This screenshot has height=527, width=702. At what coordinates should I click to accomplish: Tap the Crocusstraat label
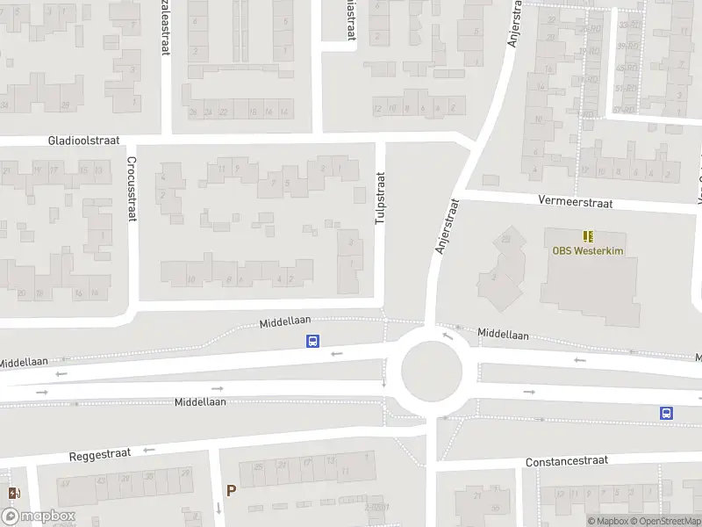pyautogui.click(x=131, y=188)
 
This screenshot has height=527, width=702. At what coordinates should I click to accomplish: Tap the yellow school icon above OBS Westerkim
pyautogui.click(x=587, y=235)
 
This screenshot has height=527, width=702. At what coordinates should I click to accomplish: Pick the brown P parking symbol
pyautogui.click(x=231, y=491)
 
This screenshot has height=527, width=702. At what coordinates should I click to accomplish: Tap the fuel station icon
pyautogui.click(x=12, y=494)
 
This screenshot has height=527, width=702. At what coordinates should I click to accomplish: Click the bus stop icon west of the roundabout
pyautogui.click(x=312, y=342)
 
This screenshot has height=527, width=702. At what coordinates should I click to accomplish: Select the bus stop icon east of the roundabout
pyautogui.click(x=666, y=413)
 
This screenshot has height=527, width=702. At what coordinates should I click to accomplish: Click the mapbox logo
pyautogui.click(x=39, y=516)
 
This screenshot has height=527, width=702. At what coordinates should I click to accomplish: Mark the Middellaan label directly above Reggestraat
pyautogui.click(x=200, y=401)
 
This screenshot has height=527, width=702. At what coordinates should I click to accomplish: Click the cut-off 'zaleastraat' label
pyautogui.click(x=165, y=26)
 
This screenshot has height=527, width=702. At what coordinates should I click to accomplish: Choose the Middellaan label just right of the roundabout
pyautogui.click(x=504, y=335)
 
